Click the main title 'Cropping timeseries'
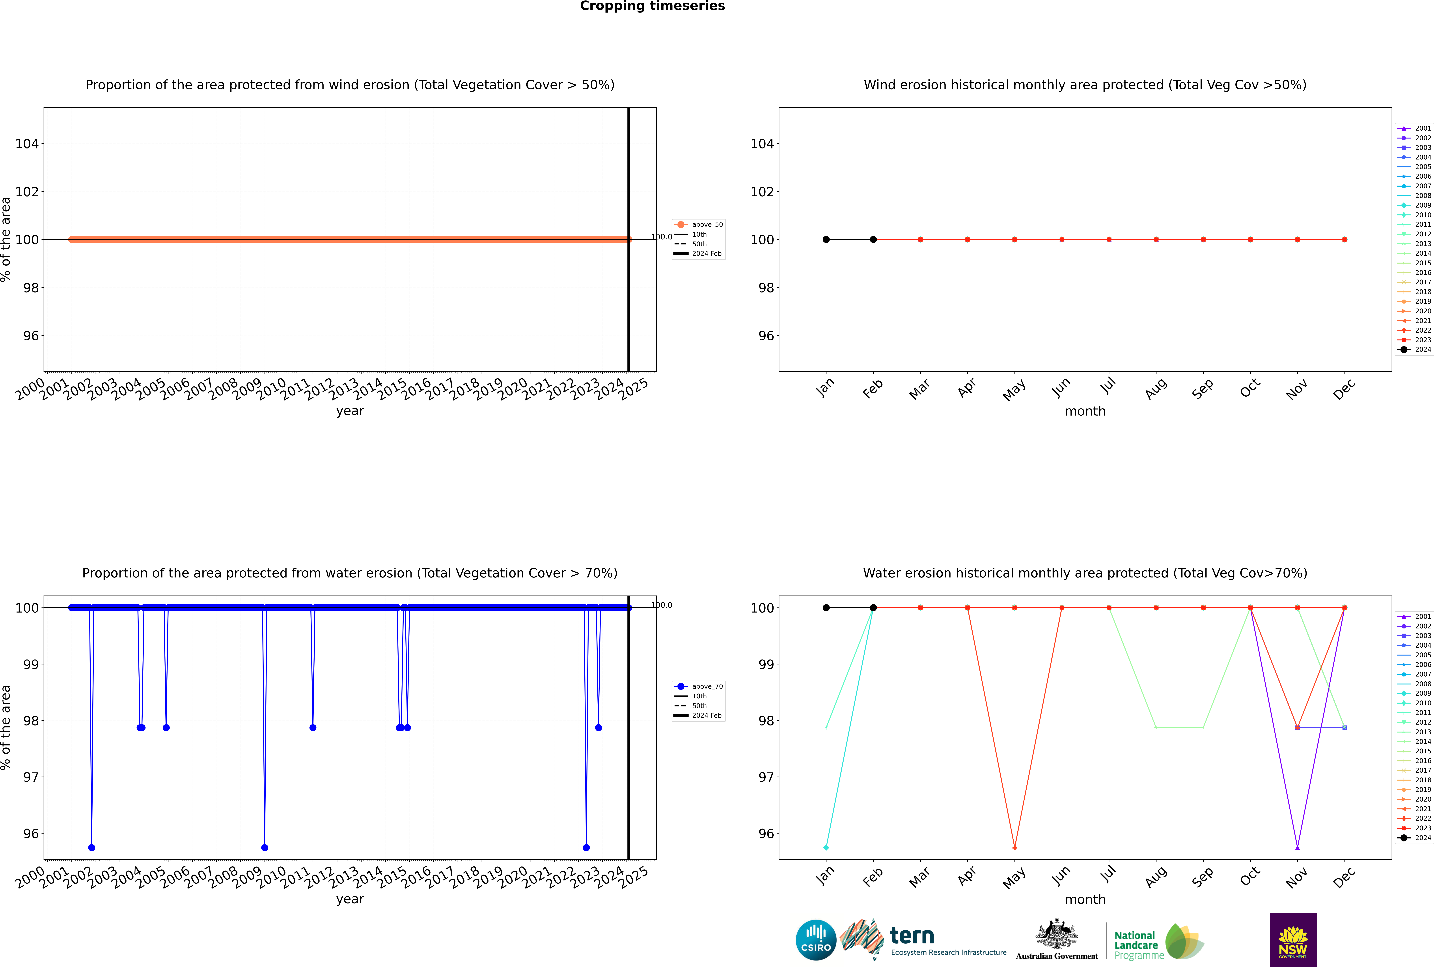(x=652, y=6)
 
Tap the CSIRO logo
(x=816, y=940)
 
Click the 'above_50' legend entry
(x=707, y=225)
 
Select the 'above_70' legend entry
(x=707, y=686)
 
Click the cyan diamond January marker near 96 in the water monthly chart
(x=826, y=847)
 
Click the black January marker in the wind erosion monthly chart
(x=826, y=239)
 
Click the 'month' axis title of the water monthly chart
(x=1085, y=899)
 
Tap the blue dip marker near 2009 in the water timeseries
(x=265, y=847)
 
